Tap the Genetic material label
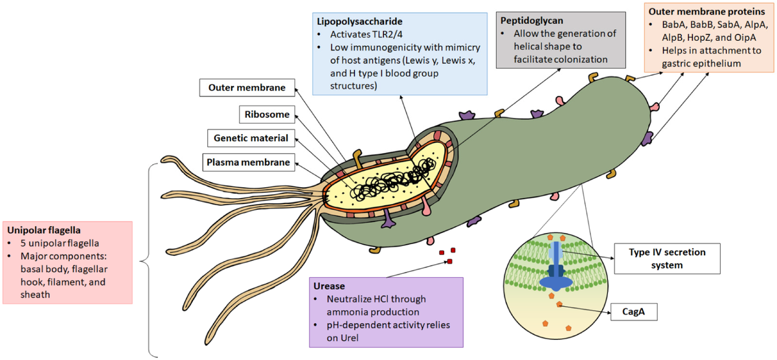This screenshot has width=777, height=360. [x=250, y=138]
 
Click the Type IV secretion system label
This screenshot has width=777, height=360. [x=667, y=258]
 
